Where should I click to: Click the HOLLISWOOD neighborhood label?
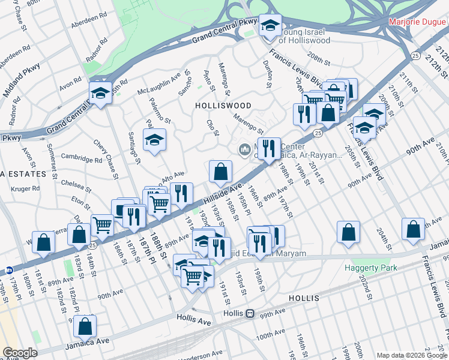[223, 105]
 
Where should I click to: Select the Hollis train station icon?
[249, 314]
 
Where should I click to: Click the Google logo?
[20, 353]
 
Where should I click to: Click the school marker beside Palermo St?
[154, 140]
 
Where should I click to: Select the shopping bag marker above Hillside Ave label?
[221, 172]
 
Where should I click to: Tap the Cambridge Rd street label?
[81, 160]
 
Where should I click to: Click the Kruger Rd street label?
[27, 188]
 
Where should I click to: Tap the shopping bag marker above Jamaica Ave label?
[85, 326]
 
